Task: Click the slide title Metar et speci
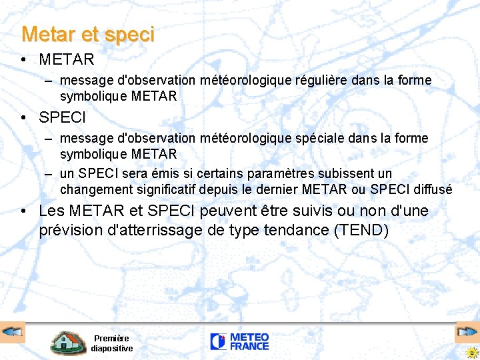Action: [x=88, y=34]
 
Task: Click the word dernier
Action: [x=275, y=190]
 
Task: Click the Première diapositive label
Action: [x=111, y=343]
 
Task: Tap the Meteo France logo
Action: [x=239, y=342]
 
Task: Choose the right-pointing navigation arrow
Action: [x=467, y=331]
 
